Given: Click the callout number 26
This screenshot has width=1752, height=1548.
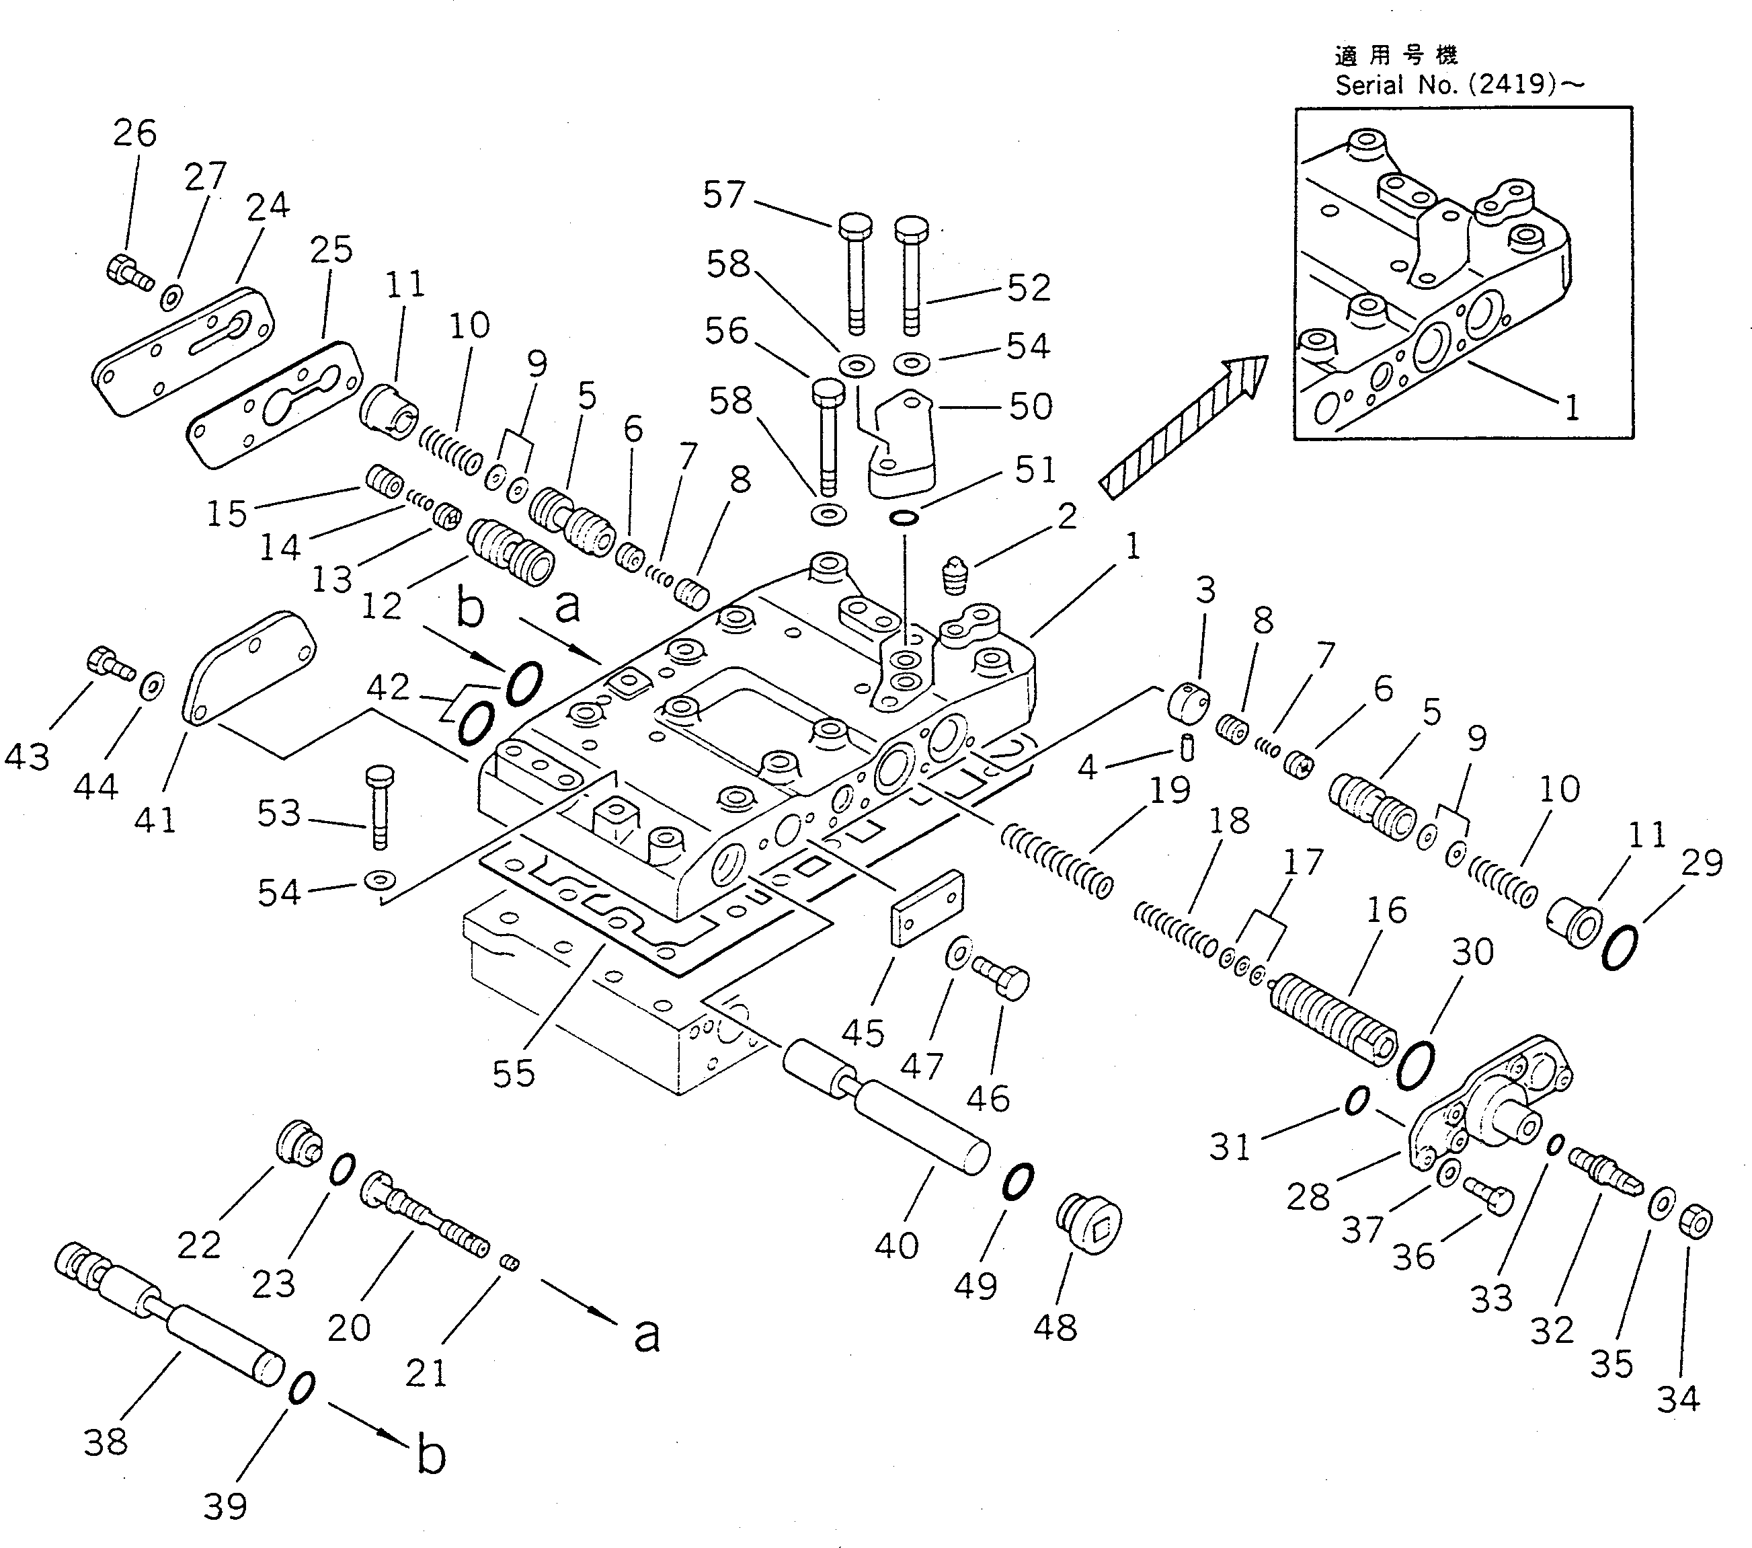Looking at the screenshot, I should (134, 133).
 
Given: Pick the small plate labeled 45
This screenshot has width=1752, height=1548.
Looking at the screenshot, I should (928, 908).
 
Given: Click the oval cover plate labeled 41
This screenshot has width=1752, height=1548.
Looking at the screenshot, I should (249, 668).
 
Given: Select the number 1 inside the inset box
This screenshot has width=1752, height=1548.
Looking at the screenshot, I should (1571, 408).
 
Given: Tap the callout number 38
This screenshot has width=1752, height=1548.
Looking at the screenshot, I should (106, 1442).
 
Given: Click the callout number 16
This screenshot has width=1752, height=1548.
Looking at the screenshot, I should (1386, 909).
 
